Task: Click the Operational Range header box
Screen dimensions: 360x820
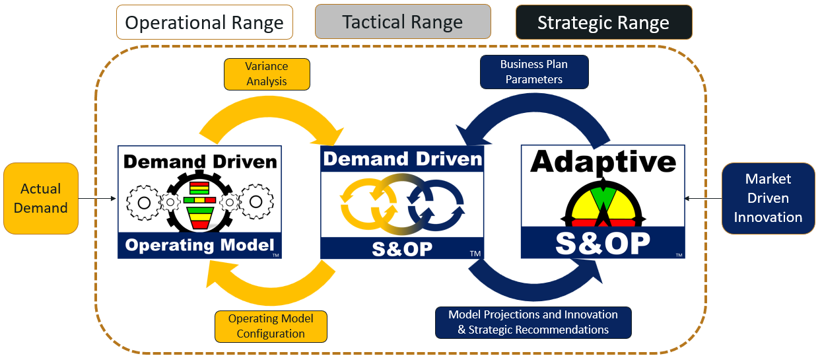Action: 204,22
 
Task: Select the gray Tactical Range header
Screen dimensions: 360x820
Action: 403,22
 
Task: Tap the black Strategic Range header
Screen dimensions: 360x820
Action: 603,22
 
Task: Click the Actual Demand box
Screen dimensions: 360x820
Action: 41,198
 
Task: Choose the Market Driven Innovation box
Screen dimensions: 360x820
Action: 768,198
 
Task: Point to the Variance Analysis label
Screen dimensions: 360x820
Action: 266,74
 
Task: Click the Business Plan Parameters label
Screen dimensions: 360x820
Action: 533,71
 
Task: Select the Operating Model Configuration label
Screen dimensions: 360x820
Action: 271,326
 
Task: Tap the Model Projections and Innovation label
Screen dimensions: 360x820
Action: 533,322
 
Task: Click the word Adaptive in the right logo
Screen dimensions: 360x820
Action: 603,161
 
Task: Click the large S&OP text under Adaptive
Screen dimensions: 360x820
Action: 602,242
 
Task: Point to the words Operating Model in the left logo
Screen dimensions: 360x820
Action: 199,246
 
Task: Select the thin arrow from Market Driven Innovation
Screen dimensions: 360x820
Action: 703,198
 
